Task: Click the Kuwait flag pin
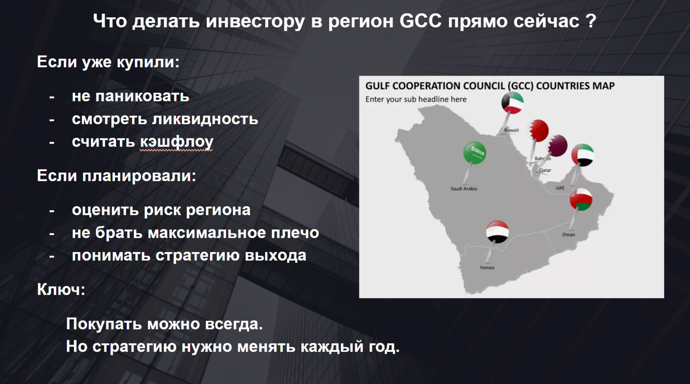click(x=512, y=103)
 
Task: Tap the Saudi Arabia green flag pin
click(x=474, y=153)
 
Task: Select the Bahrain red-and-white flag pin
click(x=538, y=131)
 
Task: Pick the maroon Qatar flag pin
click(x=558, y=146)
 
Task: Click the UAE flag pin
click(x=582, y=155)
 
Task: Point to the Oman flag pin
click(x=581, y=200)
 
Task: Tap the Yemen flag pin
click(x=497, y=232)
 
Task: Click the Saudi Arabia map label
click(x=464, y=189)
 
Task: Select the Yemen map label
click(x=487, y=268)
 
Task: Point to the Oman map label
click(x=568, y=235)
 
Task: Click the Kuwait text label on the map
click(x=512, y=130)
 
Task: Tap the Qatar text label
click(x=545, y=170)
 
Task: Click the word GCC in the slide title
click(x=421, y=21)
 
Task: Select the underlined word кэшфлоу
click(x=177, y=142)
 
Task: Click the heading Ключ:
click(x=61, y=290)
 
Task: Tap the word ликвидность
click(x=205, y=119)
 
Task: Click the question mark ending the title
click(x=591, y=21)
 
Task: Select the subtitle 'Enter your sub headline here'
click(x=416, y=99)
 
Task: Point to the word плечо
click(x=295, y=233)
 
